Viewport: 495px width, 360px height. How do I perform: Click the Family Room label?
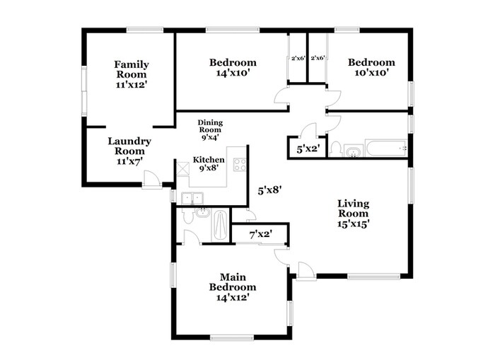click(x=131, y=74)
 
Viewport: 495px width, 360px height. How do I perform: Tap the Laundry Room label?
click(x=129, y=151)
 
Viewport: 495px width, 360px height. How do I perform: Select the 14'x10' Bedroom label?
click(x=233, y=67)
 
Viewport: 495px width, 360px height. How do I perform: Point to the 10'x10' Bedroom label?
click(x=371, y=67)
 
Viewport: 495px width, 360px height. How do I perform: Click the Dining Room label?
click(x=210, y=127)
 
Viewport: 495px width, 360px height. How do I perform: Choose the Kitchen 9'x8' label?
click(x=209, y=164)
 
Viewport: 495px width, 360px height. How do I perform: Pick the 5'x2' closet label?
click(x=304, y=149)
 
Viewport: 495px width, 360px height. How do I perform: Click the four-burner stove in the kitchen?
click(x=240, y=165)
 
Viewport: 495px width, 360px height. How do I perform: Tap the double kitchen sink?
click(x=190, y=199)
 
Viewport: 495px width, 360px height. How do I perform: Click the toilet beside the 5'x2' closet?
click(x=337, y=149)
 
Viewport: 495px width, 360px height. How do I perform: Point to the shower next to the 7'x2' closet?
click(x=220, y=226)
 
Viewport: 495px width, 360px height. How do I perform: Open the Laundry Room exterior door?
click(x=151, y=180)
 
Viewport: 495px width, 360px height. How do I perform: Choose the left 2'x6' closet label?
click(x=298, y=58)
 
